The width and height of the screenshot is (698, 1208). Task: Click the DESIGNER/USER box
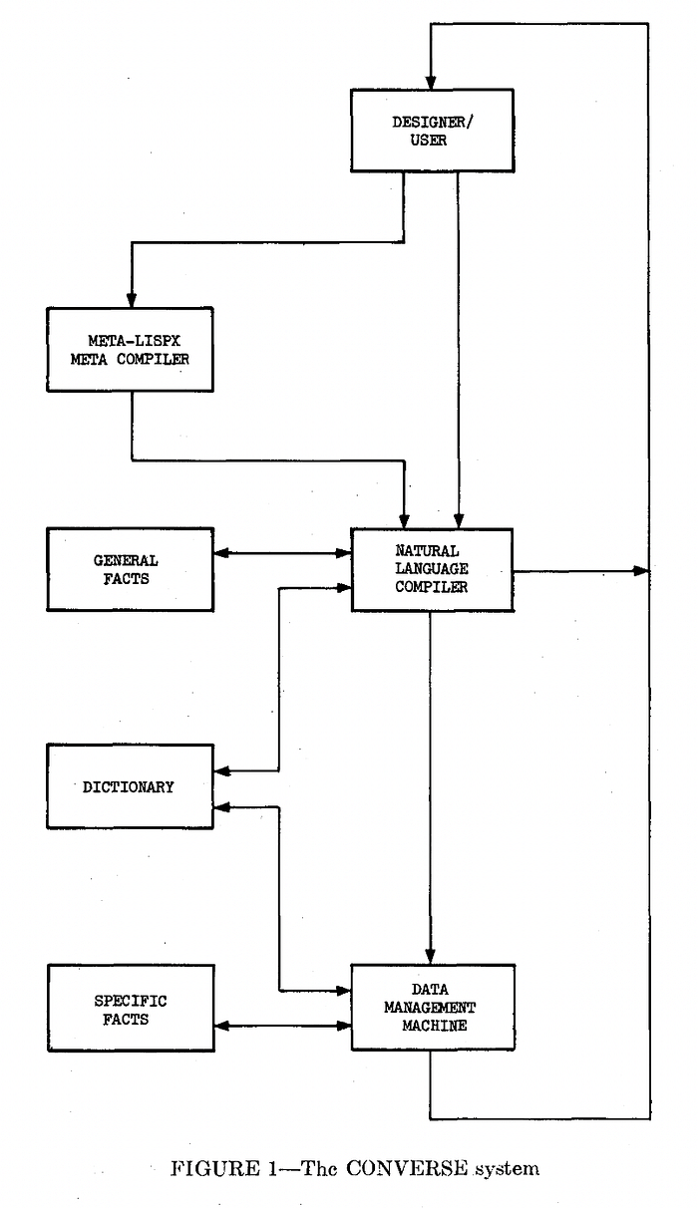432,131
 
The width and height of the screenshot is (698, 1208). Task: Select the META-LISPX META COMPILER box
130,350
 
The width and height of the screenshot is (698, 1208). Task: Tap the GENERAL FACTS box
130,569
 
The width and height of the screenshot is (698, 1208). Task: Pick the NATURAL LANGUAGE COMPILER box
432,570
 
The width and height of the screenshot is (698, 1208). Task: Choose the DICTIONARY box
130,786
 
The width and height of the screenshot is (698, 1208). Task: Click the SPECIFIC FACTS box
131,1008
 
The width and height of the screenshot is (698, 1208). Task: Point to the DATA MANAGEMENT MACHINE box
433,1008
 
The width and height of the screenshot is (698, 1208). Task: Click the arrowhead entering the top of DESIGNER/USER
431,82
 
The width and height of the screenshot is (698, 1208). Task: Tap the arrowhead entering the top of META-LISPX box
131,300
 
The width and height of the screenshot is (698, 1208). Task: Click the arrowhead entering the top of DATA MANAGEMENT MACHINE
430,957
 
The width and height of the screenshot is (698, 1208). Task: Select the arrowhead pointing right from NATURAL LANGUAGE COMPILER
641,570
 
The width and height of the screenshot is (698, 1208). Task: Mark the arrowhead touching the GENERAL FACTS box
221,553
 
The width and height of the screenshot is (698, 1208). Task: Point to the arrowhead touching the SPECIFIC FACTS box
222,1026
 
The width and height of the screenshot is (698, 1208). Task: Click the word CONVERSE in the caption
407,1169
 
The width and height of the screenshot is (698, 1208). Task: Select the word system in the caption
508,1170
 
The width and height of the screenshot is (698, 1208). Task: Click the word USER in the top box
429,141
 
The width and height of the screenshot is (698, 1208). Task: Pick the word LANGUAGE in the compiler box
432,569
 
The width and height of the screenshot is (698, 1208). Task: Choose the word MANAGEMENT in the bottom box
430,1008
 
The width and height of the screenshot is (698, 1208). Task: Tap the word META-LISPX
135,341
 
